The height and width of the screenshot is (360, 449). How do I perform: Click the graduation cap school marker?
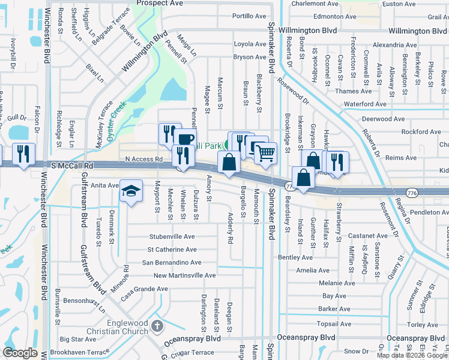pyautogui.click(x=130, y=191)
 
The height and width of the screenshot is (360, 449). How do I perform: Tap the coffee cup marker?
pyautogui.click(x=185, y=139)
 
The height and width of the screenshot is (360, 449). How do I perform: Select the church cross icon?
pyautogui.click(x=157, y=327)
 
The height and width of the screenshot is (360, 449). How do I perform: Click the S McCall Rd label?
pyautogui.click(x=73, y=165)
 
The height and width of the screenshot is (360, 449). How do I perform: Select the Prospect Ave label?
pyautogui.click(x=160, y=3)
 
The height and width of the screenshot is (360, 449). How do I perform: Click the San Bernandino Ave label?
pyautogui.click(x=171, y=262)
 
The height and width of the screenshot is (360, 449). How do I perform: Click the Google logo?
pyautogui.click(x=20, y=352)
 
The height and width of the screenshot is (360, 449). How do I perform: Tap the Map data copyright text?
pyautogui.click(x=412, y=355)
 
